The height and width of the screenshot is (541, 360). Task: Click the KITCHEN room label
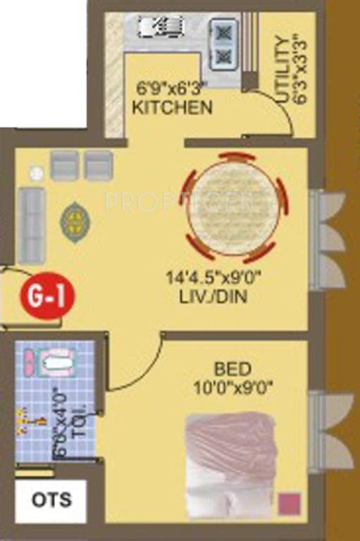tap(172, 108)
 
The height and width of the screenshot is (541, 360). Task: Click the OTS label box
tap(51, 500)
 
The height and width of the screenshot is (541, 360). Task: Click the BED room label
tap(232, 368)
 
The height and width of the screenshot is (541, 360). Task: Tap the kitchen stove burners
tap(223, 44)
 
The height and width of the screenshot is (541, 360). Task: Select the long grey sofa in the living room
tap(32, 223)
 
